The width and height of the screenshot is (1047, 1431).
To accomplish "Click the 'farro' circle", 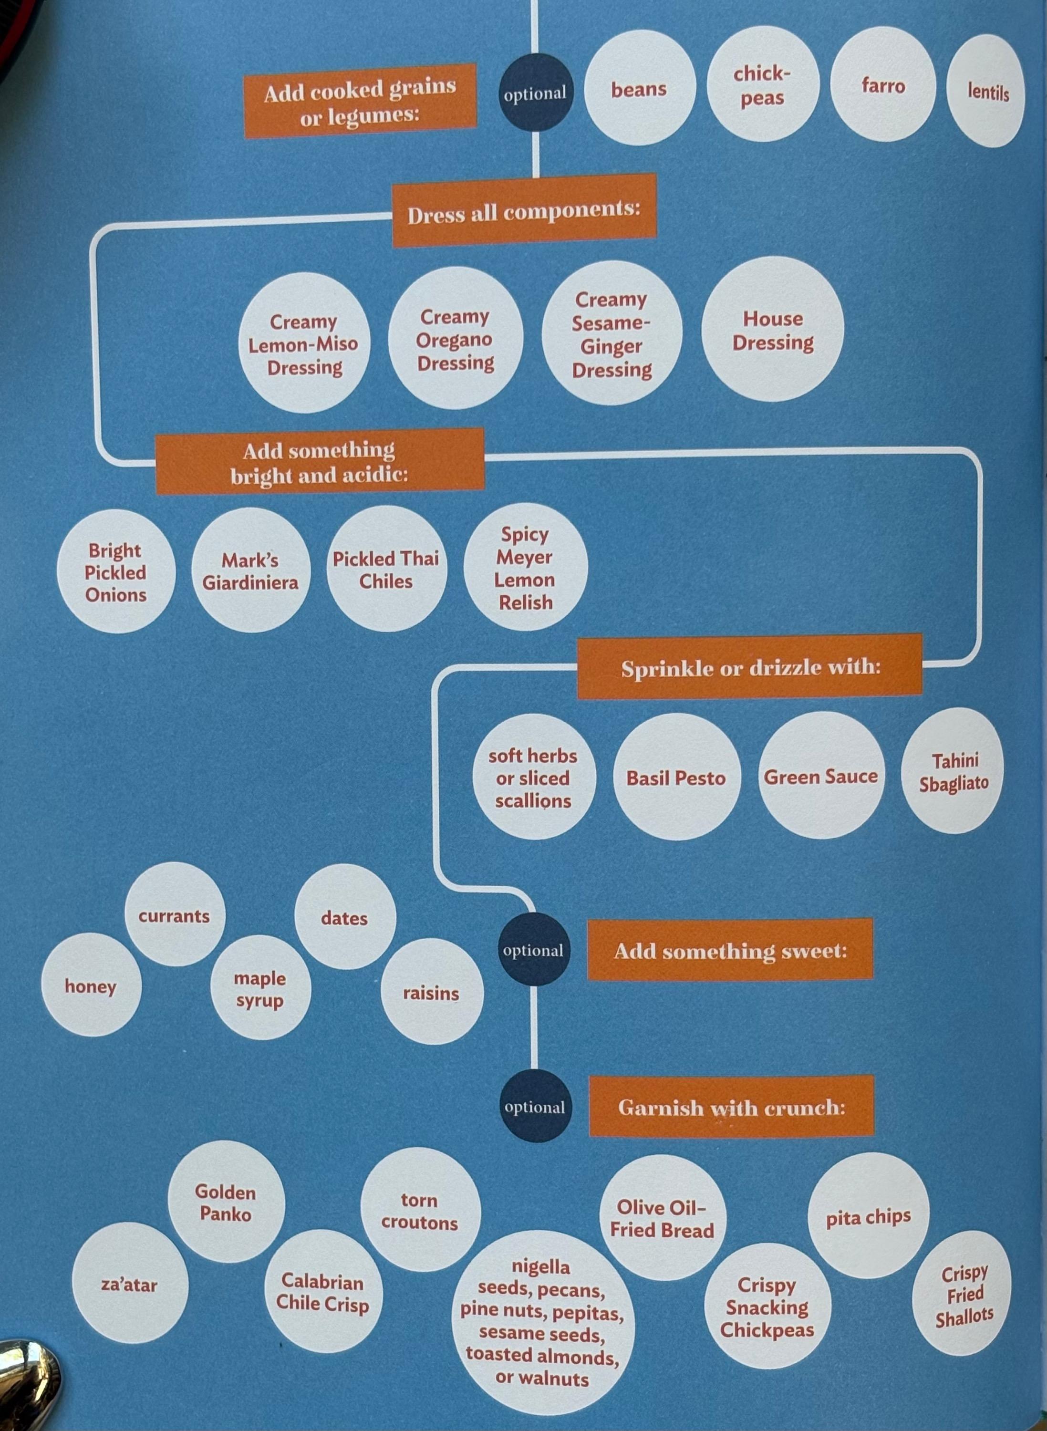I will [882, 85].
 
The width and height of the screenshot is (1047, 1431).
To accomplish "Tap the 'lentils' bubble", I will [986, 91].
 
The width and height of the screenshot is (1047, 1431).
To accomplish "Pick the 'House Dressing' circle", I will [773, 330].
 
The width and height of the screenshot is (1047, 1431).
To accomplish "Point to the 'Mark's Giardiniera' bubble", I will [250, 570].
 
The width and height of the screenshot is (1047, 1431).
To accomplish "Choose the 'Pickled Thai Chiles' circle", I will [386, 569].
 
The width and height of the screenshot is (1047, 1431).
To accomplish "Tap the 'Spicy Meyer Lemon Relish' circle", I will [525, 568].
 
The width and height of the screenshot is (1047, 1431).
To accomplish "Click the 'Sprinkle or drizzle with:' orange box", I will [750, 667].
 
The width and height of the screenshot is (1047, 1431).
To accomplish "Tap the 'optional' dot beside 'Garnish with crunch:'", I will [534, 1107].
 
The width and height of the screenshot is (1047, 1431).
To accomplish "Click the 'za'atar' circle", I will [129, 1284].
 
